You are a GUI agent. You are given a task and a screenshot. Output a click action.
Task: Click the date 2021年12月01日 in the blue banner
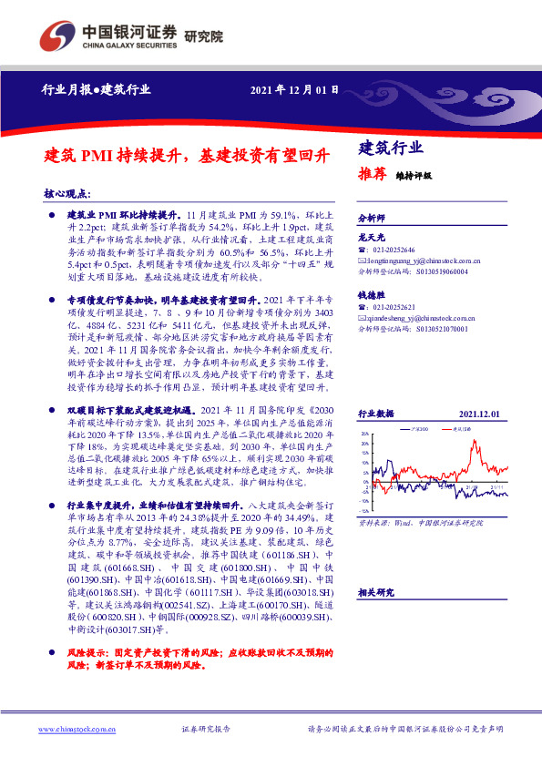point(293,89)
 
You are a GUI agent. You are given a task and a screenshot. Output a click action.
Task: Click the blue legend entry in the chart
point(415,427)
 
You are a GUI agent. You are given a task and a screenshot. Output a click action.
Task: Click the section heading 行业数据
point(375,414)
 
